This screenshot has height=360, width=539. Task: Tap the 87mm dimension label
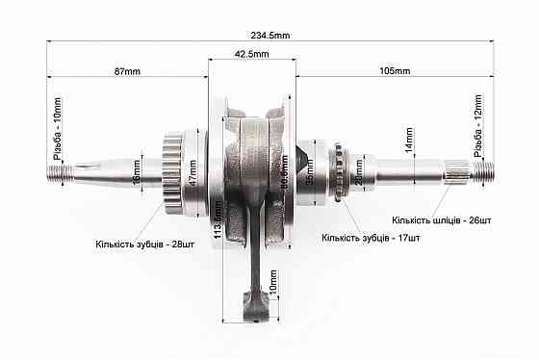click(x=126, y=71)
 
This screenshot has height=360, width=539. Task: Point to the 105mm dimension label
click(x=396, y=71)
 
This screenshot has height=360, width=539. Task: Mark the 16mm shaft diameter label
click(x=137, y=174)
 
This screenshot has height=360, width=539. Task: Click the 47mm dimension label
click(x=192, y=173)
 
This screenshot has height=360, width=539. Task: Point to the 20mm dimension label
click(x=358, y=172)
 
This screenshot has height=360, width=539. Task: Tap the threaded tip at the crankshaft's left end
click(x=59, y=174)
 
